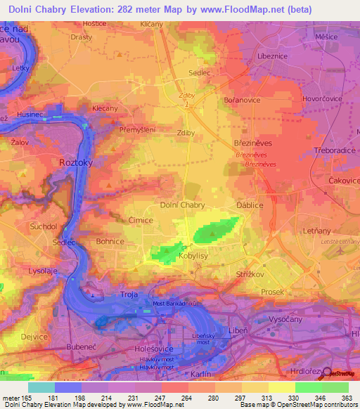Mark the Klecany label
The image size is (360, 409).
click(105, 109)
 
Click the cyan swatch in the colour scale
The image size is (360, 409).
click(41, 387)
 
